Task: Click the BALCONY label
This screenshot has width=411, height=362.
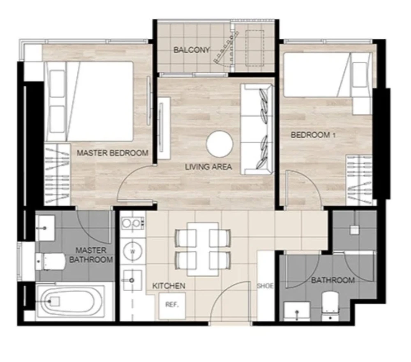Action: [192, 50]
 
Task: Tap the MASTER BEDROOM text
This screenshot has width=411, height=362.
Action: [113, 153]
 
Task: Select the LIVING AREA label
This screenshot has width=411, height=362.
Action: [208, 167]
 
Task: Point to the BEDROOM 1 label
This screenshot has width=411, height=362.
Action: [313, 135]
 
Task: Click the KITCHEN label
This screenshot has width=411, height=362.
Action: [169, 285]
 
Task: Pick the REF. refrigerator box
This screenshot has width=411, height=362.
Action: [172, 306]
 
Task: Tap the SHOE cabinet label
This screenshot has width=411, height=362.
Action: [265, 285]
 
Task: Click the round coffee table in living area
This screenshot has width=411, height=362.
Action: [219, 144]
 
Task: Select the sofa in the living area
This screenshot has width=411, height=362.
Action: [257, 129]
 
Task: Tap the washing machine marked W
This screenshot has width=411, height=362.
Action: [133, 252]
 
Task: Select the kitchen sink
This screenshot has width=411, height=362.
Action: [132, 281]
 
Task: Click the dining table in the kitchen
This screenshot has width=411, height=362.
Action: [203, 249]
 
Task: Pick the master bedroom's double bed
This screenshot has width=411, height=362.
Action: [89, 102]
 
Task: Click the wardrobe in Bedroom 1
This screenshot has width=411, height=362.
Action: [359, 180]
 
